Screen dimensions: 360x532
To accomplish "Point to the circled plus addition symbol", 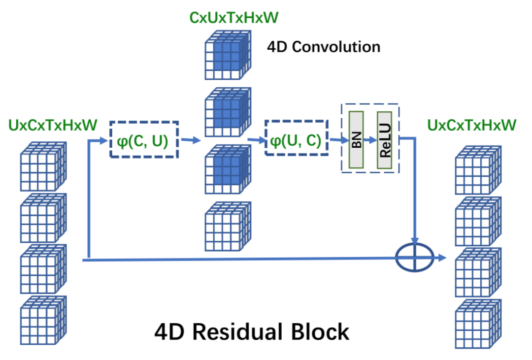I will coord(415,257).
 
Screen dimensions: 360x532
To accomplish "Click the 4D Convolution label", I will coord(324,47).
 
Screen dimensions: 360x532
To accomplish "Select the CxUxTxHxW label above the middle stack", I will coord(233,18).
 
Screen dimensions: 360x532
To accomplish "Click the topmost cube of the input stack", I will coord(42,166).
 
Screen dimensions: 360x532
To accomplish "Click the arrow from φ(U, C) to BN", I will coord(336,140).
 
